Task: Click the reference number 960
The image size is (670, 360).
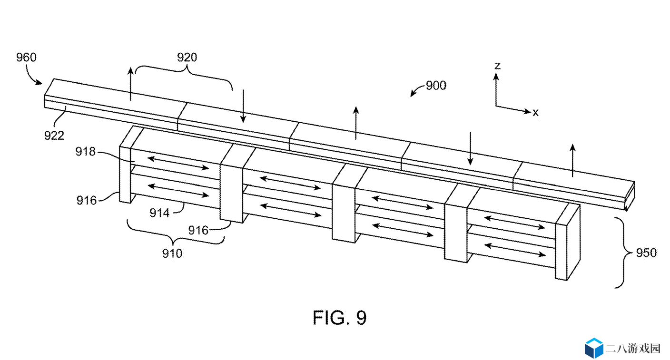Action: pos(26,57)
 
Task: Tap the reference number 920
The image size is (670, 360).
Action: pos(187,57)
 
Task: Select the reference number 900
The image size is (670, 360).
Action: pos(436,86)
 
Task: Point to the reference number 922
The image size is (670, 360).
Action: pos(54,136)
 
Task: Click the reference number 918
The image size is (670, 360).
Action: pos(85,152)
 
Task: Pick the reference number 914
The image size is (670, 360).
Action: pos(159,213)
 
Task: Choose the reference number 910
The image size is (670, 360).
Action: pos(172,253)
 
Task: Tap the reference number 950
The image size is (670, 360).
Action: pos(646,253)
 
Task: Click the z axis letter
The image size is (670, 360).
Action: pos(497,66)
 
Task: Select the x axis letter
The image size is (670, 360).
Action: pos(535,112)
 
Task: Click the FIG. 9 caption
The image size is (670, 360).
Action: pos(339,318)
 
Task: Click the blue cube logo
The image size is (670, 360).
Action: pos(594,348)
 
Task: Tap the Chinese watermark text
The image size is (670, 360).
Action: pos(633,348)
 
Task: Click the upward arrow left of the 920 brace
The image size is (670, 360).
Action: pos(130,84)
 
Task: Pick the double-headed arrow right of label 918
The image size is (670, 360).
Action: pos(178,163)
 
